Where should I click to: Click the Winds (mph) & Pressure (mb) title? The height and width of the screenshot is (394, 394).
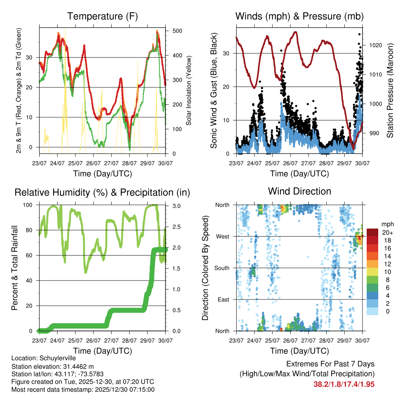click(x=299, y=17)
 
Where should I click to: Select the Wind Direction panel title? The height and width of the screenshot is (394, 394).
click(x=299, y=191)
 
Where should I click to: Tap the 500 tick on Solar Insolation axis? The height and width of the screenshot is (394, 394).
click(x=177, y=31)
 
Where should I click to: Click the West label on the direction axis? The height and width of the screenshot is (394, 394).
click(x=223, y=236)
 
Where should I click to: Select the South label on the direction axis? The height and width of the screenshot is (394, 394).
click(x=222, y=268)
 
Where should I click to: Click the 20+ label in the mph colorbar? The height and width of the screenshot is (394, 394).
click(x=387, y=232)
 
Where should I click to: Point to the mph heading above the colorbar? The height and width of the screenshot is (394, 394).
click(x=387, y=224)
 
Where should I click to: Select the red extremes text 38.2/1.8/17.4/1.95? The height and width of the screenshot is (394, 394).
click(x=344, y=384)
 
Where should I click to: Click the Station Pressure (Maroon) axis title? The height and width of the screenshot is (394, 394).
click(x=390, y=91)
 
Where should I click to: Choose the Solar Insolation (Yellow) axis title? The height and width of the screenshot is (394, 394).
click(x=189, y=91)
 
